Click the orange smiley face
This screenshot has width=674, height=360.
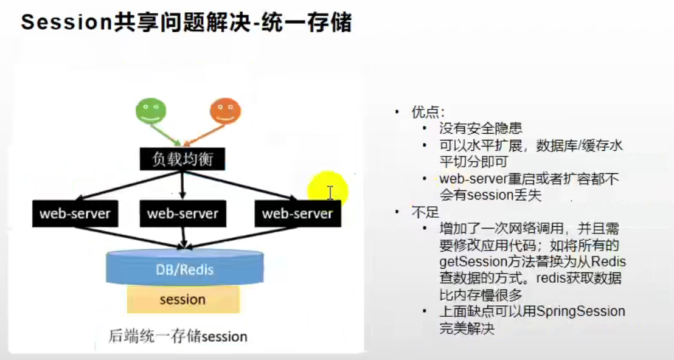click(x=224, y=111)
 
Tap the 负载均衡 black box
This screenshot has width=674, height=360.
click(x=182, y=159)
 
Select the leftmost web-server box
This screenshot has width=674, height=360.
click(x=75, y=213)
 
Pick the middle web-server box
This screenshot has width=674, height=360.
click(x=182, y=213)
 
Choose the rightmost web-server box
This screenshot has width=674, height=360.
click(x=297, y=213)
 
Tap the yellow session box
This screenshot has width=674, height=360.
click(x=182, y=299)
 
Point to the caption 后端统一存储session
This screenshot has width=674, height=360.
click(x=178, y=336)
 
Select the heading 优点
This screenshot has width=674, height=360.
click(x=428, y=112)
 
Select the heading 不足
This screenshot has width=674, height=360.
click(x=424, y=213)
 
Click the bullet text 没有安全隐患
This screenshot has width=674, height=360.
click(x=481, y=128)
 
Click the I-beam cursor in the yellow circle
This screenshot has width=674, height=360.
click(x=330, y=193)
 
